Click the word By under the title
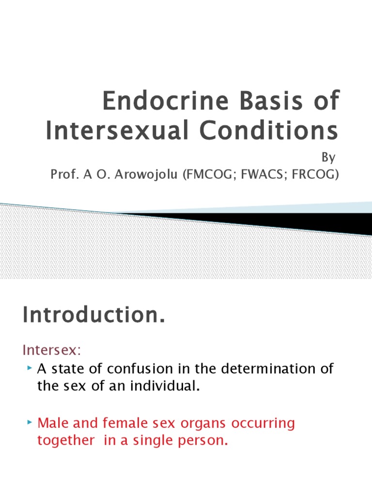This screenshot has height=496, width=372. pyautogui.click(x=328, y=158)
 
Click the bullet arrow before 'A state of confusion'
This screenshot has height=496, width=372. pyautogui.click(x=30, y=369)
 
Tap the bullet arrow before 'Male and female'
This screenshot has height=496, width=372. pyautogui.click(x=30, y=423)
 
